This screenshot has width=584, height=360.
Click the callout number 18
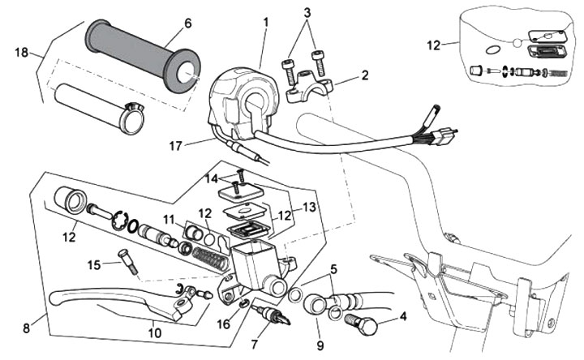pyautogui.click(x=22, y=52)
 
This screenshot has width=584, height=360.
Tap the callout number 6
pyautogui.click(x=188, y=23)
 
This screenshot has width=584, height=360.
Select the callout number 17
pyautogui.click(x=175, y=146)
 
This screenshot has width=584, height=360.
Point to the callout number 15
pyautogui.click(x=94, y=265)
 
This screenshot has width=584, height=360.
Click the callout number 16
pyautogui.click(x=224, y=324)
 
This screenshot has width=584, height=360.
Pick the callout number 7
pyautogui.click(x=255, y=345)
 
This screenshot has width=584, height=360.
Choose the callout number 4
pyautogui.click(x=403, y=316)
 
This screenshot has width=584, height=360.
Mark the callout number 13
pyautogui.click(x=310, y=207)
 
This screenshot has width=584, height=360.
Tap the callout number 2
pyautogui.click(x=365, y=75)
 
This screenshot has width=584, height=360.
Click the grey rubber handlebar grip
pyautogui.click(x=143, y=56)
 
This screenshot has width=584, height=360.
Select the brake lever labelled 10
pyautogui.click(x=123, y=301)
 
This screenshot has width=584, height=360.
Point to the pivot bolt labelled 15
pyautogui.click(x=128, y=262)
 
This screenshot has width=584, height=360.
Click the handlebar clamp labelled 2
pyautogui.click(x=308, y=86)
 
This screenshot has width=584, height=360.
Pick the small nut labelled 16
pyautogui.click(x=244, y=303)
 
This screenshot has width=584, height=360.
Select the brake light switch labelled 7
pyautogui.click(x=271, y=315)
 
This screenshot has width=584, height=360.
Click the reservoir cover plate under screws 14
pyautogui.click(x=240, y=193)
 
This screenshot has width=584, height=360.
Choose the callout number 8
pyautogui.click(x=26, y=328)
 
